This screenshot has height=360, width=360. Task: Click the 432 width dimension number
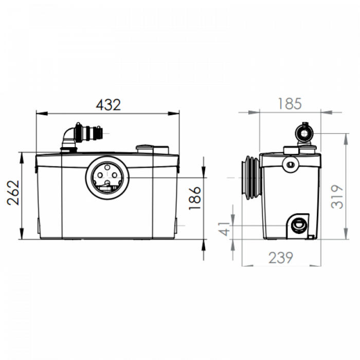[x=109, y=104]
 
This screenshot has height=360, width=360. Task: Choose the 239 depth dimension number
[x=280, y=257]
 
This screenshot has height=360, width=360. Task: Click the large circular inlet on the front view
[x=107, y=176]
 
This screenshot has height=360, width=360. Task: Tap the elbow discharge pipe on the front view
[x=68, y=137]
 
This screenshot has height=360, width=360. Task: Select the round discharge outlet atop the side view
[x=303, y=132]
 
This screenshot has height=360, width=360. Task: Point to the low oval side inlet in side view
[x=297, y=224]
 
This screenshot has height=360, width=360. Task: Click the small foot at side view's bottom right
[x=311, y=237]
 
